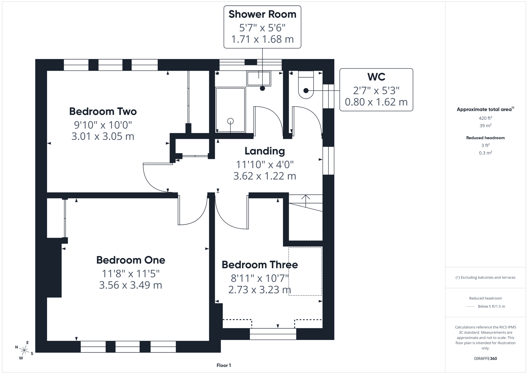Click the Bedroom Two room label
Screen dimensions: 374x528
tap(103, 112)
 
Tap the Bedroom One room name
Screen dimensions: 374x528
tap(130, 260)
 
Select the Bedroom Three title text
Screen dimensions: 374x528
tap(259, 265)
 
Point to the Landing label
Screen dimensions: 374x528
tap(265, 151)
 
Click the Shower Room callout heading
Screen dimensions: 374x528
tap(262, 15)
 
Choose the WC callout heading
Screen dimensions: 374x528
tap(376, 77)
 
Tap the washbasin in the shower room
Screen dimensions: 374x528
tap(259, 78)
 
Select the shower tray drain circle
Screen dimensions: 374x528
tap(230, 121)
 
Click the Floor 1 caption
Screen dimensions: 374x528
tap(223, 365)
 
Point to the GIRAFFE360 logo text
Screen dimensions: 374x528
tap(485, 359)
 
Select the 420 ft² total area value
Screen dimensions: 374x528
tap(485, 118)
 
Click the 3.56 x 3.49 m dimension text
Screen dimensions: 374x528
tap(130, 285)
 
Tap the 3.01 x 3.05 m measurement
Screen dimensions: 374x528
tap(103, 136)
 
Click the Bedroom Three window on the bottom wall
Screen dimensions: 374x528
tap(273, 334)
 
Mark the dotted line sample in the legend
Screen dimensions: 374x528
tap(470, 306)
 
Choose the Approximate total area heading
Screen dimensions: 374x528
tap(485, 109)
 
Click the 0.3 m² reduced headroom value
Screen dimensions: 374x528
tap(485, 153)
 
